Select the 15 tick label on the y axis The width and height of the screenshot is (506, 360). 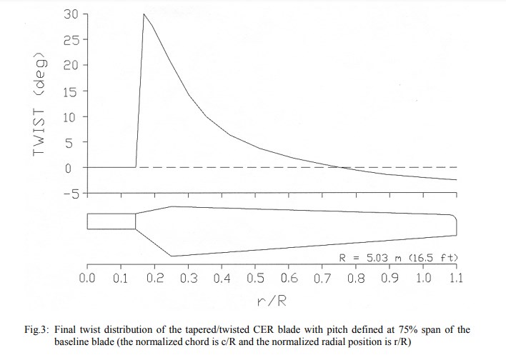coord(70,91)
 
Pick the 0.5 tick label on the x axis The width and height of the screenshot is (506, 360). coord(255,277)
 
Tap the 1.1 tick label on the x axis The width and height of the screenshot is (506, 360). coord(455,277)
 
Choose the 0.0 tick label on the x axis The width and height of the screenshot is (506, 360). coord(87,277)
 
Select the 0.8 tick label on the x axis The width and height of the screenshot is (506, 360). coord(355,277)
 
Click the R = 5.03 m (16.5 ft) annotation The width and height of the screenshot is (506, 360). coord(398,257)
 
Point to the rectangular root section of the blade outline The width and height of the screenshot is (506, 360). coord(111,221)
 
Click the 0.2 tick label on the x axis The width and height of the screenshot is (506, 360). coord(154,277)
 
